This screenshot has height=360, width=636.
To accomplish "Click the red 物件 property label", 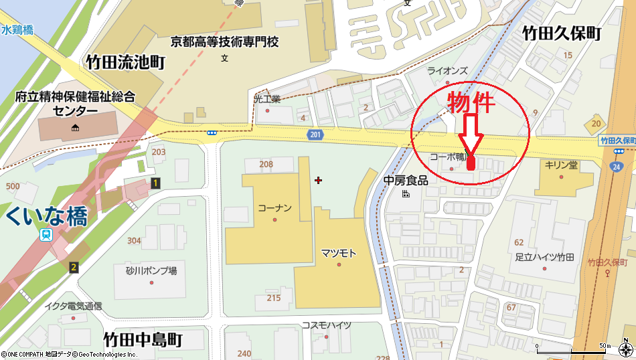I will (471, 102).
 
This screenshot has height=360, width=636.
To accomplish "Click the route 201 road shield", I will (315, 135).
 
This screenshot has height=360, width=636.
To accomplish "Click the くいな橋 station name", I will (46, 216).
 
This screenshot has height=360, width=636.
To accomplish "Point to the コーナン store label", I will (274, 208).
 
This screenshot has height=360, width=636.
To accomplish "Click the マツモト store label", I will (338, 253).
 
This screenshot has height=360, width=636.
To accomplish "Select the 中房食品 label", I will (406, 181).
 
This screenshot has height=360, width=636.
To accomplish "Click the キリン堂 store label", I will (561, 165).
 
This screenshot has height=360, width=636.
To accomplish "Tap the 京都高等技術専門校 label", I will (224, 42).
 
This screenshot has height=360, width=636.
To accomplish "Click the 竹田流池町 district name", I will (125, 63).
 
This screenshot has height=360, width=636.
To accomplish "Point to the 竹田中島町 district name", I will (143, 339).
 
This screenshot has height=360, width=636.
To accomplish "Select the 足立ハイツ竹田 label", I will (544, 256).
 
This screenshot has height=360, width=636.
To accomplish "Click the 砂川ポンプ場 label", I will (151, 271).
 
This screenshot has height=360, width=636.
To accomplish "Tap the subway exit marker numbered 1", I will (155, 183).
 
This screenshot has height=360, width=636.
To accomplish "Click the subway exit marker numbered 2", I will (74, 268).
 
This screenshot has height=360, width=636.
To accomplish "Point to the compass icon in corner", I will (625, 349).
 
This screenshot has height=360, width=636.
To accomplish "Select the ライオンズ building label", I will (447, 70).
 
